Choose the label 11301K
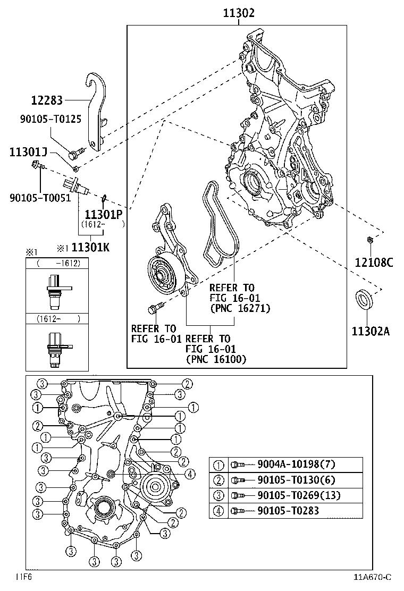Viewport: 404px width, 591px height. [x=90, y=247]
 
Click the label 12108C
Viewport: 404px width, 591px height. [x=374, y=261]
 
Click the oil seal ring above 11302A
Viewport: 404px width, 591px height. [x=365, y=300]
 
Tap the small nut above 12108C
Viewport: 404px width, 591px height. [x=371, y=241]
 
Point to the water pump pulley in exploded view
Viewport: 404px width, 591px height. [x=163, y=275]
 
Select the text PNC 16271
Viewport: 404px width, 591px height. [x=240, y=308]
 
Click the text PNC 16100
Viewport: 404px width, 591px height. [x=216, y=360]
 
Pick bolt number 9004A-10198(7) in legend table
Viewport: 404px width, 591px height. [x=289, y=464]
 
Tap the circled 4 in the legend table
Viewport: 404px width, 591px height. [x=218, y=511]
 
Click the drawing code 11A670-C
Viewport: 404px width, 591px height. [x=374, y=577]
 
